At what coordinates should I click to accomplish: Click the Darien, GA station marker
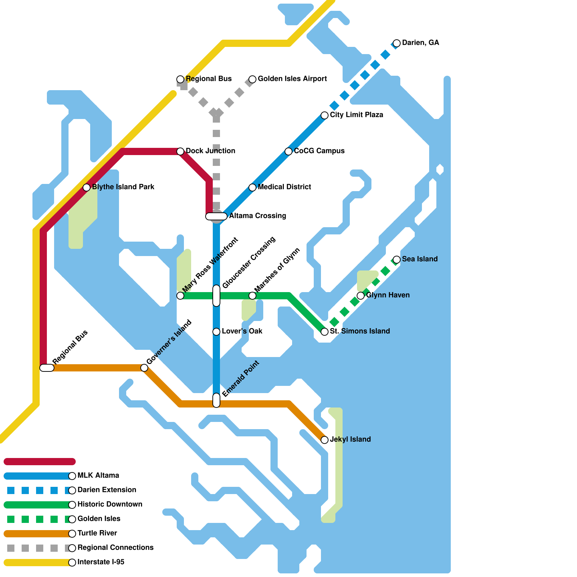point(397,43)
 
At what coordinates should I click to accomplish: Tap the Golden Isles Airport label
point(292,79)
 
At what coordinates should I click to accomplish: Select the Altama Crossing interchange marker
point(216,216)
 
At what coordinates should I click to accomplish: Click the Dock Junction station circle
point(180,151)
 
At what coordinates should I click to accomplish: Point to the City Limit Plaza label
point(356,115)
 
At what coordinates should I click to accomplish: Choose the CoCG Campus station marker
point(288,151)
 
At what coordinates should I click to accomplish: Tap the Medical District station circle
point(252,188)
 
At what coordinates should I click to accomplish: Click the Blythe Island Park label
point(123,187)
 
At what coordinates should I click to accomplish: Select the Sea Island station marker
point(397,260)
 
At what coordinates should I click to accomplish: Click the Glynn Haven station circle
point(361,296)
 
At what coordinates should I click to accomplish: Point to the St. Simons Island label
point(360,331)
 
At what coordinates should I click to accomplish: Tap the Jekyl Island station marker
point(325,440)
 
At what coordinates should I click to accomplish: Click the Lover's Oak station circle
point(216,332)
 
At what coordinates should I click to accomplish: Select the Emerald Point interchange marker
point(216,400)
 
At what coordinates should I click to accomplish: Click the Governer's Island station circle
point(144,368)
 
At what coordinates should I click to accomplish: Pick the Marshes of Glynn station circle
point(252,296)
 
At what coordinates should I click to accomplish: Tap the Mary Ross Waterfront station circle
point(180,296)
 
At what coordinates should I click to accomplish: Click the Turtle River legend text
point(97,533)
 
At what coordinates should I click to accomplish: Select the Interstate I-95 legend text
point(101,562)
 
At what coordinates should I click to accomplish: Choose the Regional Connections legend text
point(115,547)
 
